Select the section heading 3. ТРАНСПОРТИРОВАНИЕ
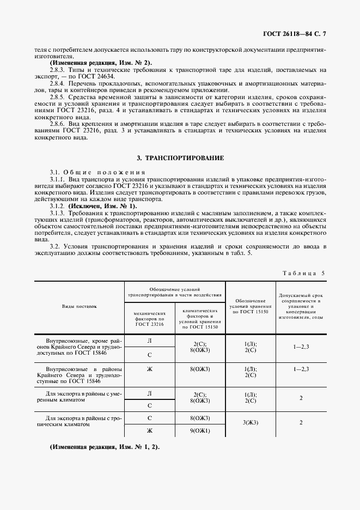[x=180, y=158]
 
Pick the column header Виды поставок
[x=80, y=306]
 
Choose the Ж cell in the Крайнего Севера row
[x=149, y=368]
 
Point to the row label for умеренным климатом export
[x=80, y=396]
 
